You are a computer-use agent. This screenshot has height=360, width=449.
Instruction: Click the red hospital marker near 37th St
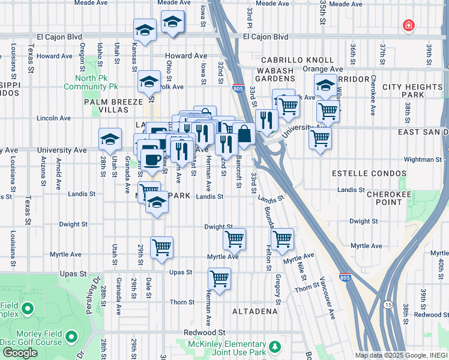(x=408, y=25)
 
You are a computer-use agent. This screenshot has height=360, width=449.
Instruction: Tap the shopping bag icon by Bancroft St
(x=245, y=134)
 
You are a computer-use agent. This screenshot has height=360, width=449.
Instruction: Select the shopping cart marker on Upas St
(x=220, y=279)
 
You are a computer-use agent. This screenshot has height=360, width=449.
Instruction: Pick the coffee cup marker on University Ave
(x=152, y=159)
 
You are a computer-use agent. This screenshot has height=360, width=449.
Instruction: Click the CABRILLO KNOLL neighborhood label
(x=297, y=61)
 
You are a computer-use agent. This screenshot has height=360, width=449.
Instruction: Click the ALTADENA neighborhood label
(x=255, y=311)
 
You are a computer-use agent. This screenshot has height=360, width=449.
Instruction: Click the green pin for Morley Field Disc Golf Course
(x=71, y=337)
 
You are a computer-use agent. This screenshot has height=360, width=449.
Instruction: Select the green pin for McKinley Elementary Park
(x=274, y=347)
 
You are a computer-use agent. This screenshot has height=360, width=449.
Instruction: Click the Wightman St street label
(x=423, y=160)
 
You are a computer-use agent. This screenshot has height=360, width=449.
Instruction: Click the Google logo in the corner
(x=20, y=353)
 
